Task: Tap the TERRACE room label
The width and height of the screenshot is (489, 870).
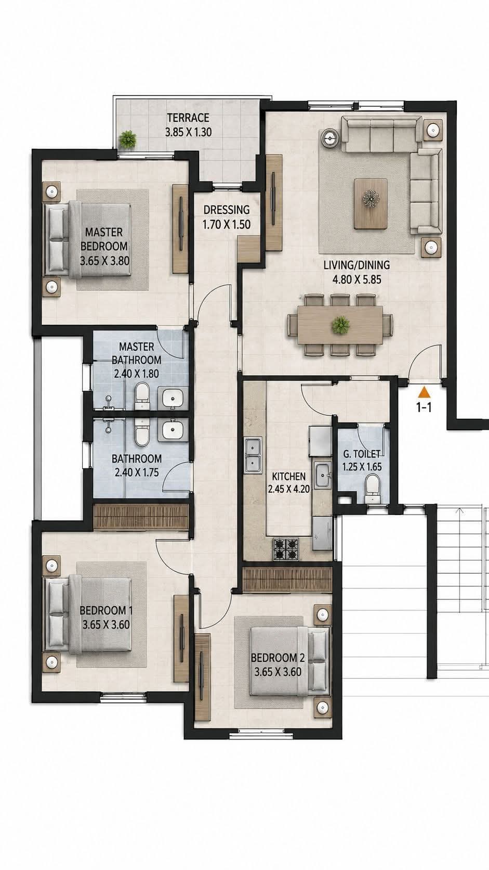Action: (188, 117)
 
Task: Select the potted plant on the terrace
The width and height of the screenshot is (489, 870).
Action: (128, 138)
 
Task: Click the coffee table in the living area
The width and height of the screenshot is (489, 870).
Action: (371, 203)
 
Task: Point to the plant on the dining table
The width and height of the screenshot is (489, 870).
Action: (340, 324)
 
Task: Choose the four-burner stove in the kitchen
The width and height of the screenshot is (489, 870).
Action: (286, 549)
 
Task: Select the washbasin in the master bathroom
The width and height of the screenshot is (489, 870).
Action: (172, 398)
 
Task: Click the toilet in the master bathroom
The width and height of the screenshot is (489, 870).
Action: (141, 396)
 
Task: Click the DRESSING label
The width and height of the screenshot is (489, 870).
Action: (227, 210)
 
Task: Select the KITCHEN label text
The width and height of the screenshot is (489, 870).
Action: (289, 476)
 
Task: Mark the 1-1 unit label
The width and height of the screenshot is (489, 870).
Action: (424, 408)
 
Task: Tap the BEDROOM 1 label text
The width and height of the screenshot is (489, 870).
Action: (106, 610)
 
